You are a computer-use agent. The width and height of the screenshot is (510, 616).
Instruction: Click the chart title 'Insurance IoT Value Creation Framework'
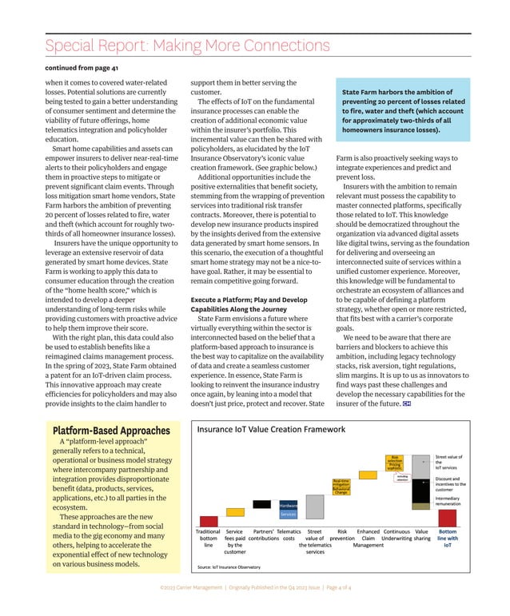click(270, 429)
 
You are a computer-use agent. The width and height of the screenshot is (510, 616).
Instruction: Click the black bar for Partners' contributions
click(261, 503)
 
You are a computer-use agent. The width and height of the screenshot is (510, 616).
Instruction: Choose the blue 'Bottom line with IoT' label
click(448, 537)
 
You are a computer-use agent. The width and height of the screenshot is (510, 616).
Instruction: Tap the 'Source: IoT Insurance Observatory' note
click(229, 567)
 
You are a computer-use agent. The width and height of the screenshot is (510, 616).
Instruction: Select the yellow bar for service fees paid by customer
click(234, 515)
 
